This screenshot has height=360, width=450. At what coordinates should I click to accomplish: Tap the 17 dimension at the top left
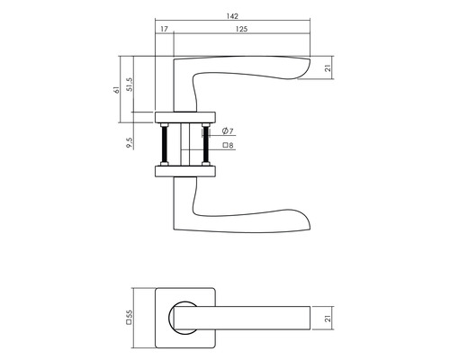click(164, 30)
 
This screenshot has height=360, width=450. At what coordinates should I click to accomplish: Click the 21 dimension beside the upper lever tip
click(329, 68)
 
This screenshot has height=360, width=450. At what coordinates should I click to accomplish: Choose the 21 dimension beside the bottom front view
click(329, 316)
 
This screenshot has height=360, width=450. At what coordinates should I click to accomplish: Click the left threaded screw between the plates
click(166, 143)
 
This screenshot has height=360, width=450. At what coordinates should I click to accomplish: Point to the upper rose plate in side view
click(187, 116)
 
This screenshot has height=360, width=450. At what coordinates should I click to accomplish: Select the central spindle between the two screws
click(187, 143)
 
